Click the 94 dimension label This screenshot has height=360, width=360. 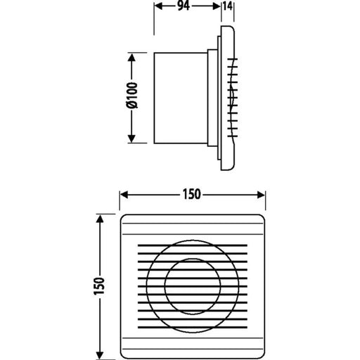click(x=184, y=6)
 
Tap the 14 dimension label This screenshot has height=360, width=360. click(x=228, y=6)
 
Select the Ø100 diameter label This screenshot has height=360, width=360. click(x=132, y=96)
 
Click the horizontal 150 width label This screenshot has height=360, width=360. click(x=192, y=194)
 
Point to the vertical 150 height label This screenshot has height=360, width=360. click(x=99, y=285)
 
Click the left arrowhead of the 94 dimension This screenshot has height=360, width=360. click(x=158, y=6)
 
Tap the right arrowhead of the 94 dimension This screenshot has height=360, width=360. click(x=217, y=6)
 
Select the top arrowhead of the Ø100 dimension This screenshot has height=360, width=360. click(x=131, y=58)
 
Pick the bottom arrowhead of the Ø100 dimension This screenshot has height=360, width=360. click(x=131, y=139)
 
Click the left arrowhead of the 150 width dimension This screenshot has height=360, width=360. click(x=124, y=195)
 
